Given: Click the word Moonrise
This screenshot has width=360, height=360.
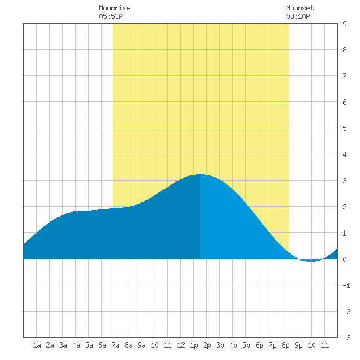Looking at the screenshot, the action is pyautogui.click(x=115, y=8).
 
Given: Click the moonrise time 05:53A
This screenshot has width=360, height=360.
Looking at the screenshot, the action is pyautogui.click(x=111, y=16).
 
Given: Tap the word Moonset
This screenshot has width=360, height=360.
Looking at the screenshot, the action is pyautogui.click(x=300, y=8).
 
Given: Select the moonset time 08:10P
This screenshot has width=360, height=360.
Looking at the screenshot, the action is pyautogui.click(x=298, y=16).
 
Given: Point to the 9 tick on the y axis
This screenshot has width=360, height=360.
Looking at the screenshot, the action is pyautogui.click(x=344, y=24).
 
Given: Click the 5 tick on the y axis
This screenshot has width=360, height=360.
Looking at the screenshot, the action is pyautogui.click(x=344, y=128).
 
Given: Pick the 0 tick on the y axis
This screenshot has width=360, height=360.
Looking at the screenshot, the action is pyautogui.click(x=344, y=259).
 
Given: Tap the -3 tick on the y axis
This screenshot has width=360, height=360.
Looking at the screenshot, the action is pyautogui.click(x=346, y=338).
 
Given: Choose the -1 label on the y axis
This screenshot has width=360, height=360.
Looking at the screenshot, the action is pyautogui.click(x=346, y=285).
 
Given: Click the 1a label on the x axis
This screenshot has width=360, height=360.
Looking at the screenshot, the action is pyautogui.click(x=37, y=345).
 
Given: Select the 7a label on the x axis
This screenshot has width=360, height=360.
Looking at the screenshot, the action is pyautogui.click(x=115, y=345).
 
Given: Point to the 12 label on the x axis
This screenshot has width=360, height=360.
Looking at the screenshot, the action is pyautogui.click(x=181, y=345).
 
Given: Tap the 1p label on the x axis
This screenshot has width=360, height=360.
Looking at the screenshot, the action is pyautogui.click(x=194, y=345).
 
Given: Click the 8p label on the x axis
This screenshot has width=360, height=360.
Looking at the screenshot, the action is pyautogui.click(x=285, y=345).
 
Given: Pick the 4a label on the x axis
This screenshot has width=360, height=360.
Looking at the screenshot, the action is pyautogui.click(x=76, y=345).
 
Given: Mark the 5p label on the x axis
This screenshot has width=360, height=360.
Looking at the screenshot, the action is pyautogui.click(x=246, y=345).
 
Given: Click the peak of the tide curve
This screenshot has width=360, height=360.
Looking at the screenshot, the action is pyautogui.click(x=200, y=174).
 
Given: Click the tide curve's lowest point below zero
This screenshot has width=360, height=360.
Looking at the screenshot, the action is pyautogui.click(x=311, y=261).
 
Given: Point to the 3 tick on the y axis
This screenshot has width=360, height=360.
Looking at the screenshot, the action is pyautogui.click(x=344, y=181).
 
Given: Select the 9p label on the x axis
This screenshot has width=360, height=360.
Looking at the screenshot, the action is pyautogui.click(x=298, y=345).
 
